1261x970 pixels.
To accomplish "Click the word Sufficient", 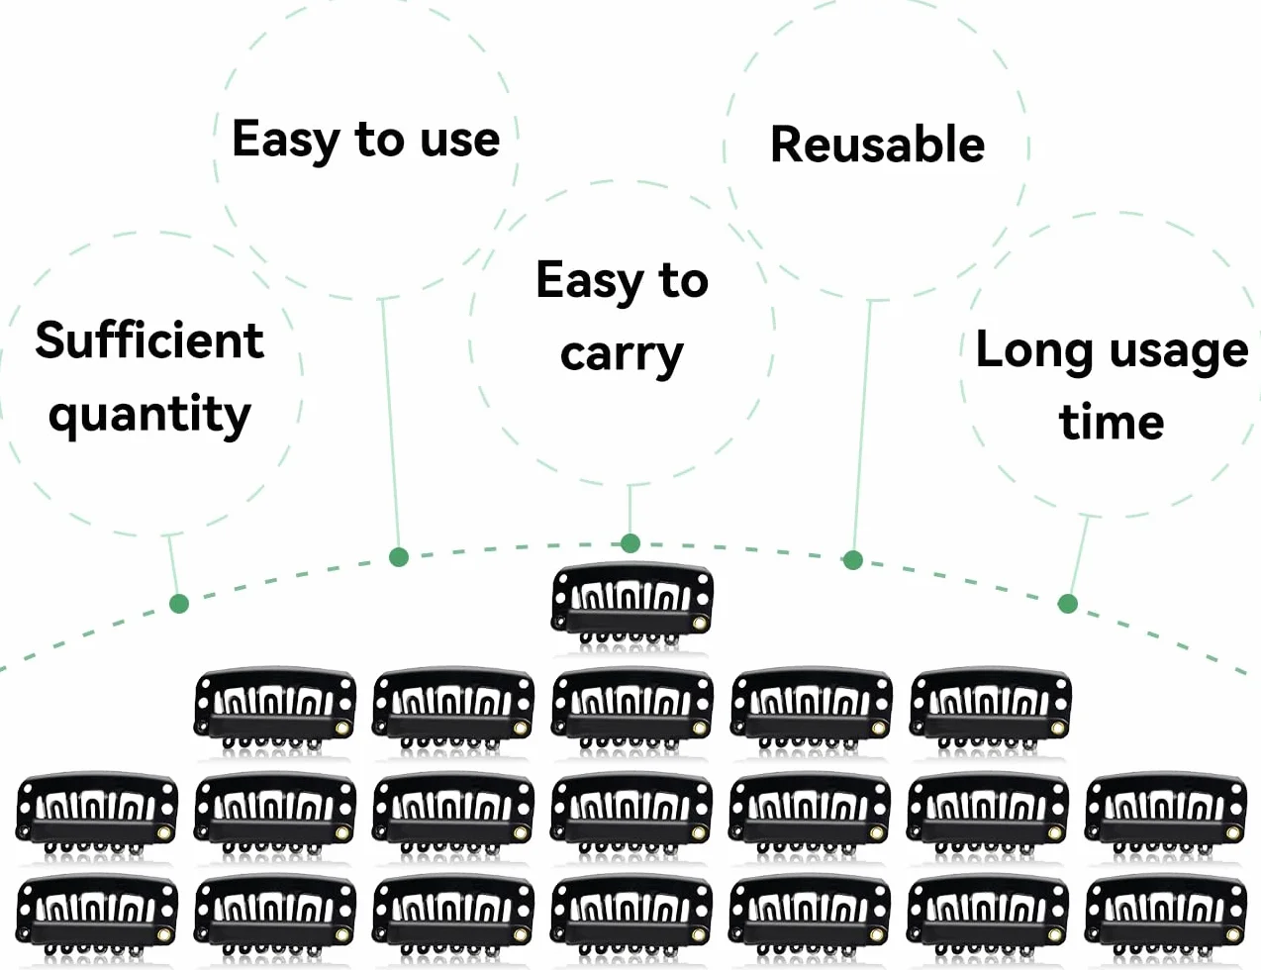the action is (149, 339).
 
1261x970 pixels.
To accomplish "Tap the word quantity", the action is (149, 415).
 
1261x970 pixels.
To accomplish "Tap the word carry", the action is (622, 356).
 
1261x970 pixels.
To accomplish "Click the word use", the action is (459, 142).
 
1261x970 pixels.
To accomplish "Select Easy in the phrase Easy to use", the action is (285, 140).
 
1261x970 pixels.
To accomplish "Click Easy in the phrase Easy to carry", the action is (589, 281).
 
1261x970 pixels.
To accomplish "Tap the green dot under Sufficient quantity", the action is (179, 604).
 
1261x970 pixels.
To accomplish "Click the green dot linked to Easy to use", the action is (399, 557).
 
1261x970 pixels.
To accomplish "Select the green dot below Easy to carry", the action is (630, 543).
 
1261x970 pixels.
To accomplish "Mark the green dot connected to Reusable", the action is (852, 560).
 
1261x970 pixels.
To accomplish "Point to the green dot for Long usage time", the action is (1068, 604).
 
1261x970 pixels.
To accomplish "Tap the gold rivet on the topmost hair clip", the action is (700, 624).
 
